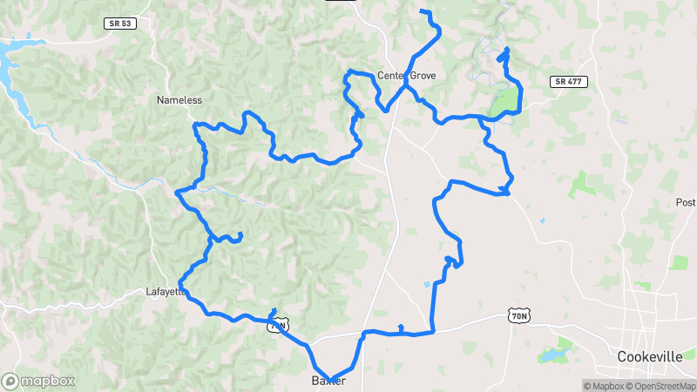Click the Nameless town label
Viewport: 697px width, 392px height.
tap(179, 100)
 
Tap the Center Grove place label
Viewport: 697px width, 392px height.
tap(406, 76)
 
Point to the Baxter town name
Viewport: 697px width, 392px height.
tap(329, 382)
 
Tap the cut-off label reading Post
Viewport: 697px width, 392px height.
tap(686, 202)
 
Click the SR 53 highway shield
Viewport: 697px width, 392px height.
tap(118, 24)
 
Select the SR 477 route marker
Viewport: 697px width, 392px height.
tap(570, 82)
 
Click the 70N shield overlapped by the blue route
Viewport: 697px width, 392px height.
tap(277, 326)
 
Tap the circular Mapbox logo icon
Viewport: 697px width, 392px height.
tap(10, 381)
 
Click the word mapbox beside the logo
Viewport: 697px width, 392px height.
tap(48, 381)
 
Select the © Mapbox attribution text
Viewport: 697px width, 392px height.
tap(603, 386)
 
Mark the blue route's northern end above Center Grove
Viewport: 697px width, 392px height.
tap(422, 11)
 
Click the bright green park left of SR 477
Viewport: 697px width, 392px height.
tap(504, 102)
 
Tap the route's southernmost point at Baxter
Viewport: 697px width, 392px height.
tap(331, 380)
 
